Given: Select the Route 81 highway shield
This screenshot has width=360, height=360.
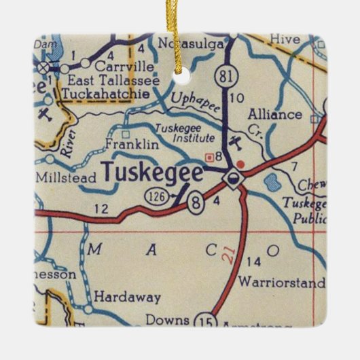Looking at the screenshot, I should [x=225, y=73].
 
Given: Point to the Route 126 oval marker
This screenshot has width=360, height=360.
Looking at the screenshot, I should [x=152, y=197].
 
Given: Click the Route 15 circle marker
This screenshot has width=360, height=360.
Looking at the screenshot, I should [x=203, y=320].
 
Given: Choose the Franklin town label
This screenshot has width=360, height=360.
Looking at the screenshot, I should [x=132, y=145].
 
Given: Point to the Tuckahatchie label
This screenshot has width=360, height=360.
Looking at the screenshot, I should [x=105, y=94].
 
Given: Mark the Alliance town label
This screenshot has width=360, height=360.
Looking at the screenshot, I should [x=274, y=114].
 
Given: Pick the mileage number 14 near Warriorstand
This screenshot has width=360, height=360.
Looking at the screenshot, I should [x=253, y=262].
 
